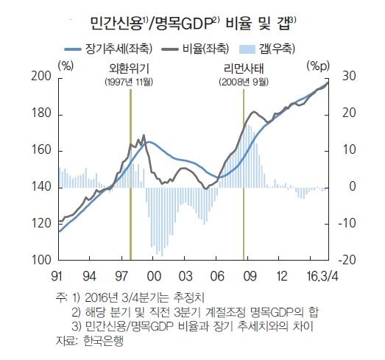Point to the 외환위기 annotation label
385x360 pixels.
tap(129, 68)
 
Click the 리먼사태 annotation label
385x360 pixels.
tap(244, 68)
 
